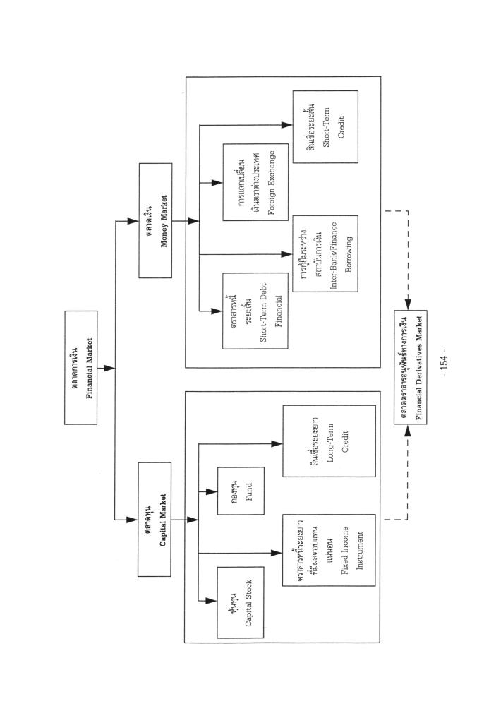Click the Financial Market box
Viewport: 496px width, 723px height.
coord(89,367)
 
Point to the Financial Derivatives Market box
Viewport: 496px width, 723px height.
coord(416,366)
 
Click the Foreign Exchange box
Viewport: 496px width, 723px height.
coord(254,182)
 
